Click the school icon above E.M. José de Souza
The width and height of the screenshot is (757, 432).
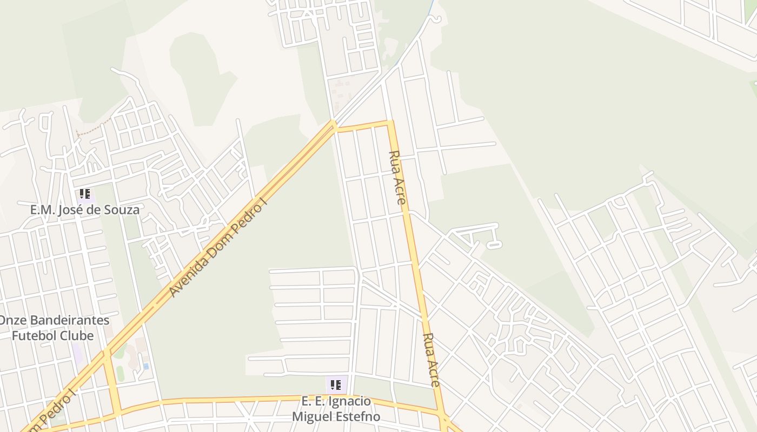tap(84, 194)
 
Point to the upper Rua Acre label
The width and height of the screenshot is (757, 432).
tap(397, 177)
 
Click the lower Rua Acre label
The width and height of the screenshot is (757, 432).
tap(431, 360)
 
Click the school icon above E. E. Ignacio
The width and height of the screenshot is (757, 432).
tap(335, 385)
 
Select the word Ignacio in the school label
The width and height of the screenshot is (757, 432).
tap(350, 401)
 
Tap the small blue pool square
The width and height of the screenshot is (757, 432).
tap(146, 366)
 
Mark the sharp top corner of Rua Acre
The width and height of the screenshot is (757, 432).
tap(389, 123)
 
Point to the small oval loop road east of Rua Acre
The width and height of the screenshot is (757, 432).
tap(494, 246)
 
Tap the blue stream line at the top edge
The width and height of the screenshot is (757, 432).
tap(431, 6)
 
